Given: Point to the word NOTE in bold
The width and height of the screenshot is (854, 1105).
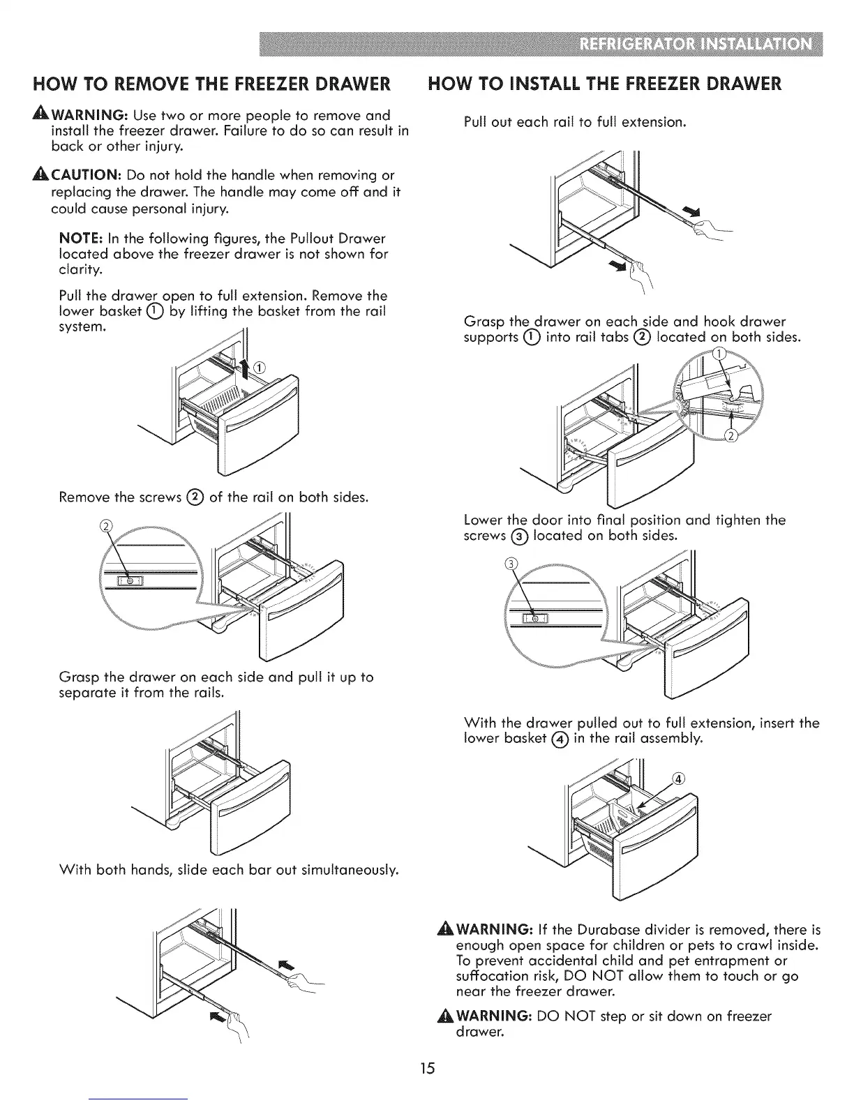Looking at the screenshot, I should (x=78, y=239).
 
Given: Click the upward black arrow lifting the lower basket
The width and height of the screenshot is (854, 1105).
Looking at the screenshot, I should (x=245, y=366).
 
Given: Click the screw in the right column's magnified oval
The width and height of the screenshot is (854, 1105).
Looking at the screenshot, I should (x=535, y=617).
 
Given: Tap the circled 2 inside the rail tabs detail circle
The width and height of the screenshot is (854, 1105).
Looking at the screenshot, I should (x=731, y=437).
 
